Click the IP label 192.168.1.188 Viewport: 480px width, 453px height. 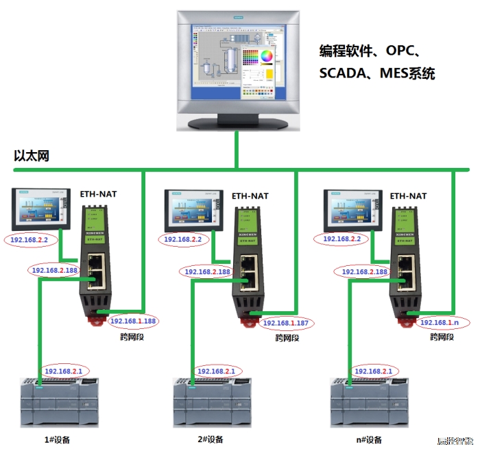pos(133,321)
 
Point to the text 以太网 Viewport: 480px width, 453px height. pos(32,156)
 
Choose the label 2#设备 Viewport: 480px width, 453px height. pos(209,439)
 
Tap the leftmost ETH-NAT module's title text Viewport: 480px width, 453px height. pos(99,195)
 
